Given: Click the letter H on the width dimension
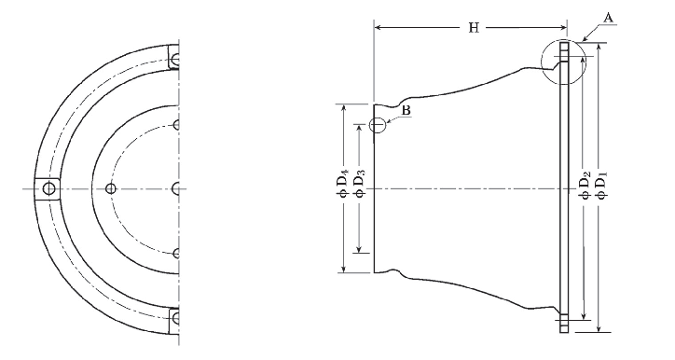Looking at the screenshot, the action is [474, 28].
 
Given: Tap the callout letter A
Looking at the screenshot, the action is [608, 18].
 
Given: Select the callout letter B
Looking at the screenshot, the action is [406, 111].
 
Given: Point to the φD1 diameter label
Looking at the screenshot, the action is [602, 186].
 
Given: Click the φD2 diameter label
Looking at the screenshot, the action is [585, 186].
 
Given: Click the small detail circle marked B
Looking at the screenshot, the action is [378, 125].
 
